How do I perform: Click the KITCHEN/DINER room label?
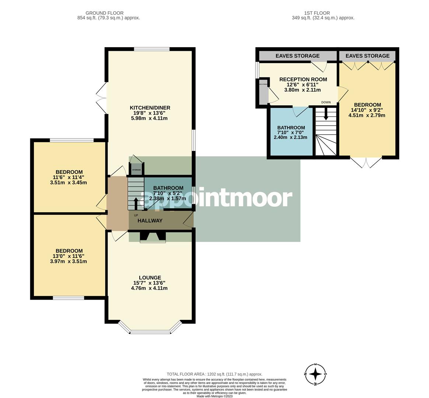(x=150, y=108)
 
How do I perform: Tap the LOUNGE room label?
(x=150, y=277)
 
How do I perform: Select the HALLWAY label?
(x=150, y=221)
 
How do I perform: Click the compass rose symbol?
(x=315, y=374)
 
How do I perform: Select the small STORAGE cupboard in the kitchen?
(x=136, y=170)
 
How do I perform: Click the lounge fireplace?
(x=153, y=237)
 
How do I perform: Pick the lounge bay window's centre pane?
(x=150, y=332)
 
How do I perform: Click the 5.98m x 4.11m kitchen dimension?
(x=150, y=118)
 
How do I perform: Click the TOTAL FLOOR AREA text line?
(x=214, y=374)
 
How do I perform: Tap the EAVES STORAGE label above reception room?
(x=297, y=56)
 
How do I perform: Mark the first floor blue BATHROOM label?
(x=291, y=128)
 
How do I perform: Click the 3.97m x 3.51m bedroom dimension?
(x=69, y=262)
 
